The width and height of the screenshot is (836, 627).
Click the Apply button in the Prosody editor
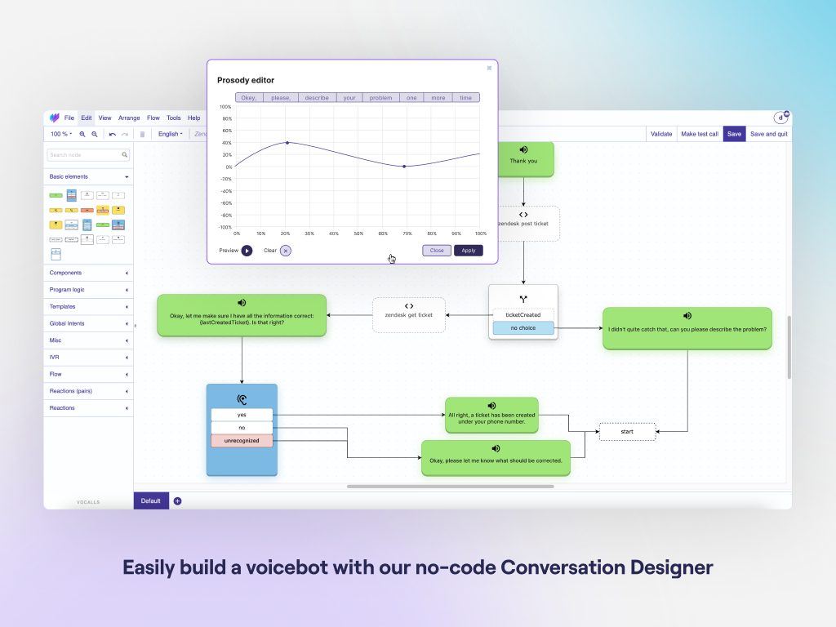click(x=469, y=251)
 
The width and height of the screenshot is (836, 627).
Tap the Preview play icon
click(x=247, y=251)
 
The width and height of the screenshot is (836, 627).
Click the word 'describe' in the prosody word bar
click(x=316, y=98)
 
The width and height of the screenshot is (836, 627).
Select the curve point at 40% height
click(x=287, y=143)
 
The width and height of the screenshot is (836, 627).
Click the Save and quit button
click(x=769, y=134)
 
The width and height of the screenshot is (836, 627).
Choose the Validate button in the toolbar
click(x=661, y=134)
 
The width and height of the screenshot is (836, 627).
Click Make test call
click(x=700, y=134)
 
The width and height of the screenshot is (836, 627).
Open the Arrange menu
click(x=129, y=118)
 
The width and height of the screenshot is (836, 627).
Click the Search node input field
click(x=85, y=154)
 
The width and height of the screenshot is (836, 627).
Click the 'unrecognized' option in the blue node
click(x=242, y=441)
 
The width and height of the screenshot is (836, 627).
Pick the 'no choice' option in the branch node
click(x=522, y=328)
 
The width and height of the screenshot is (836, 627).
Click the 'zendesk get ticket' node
click(x=409, y=314)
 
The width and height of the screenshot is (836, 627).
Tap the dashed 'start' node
click(x=627, y=431)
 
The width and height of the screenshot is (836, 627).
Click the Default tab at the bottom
click(x=151, y=500)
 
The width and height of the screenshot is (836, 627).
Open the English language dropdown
click(x=170, y=134)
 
